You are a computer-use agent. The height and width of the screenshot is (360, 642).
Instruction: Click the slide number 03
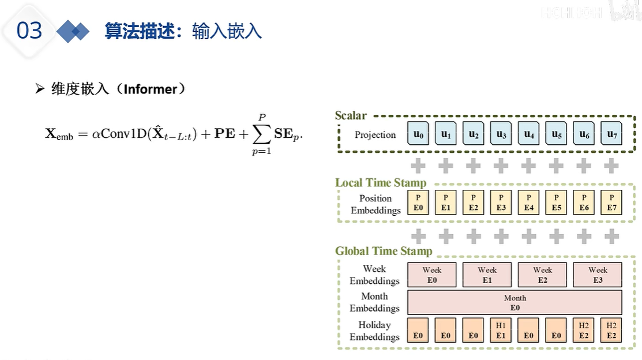click(x=29, y=31)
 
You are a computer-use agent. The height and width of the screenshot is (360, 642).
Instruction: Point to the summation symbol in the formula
click(x=261, y=134)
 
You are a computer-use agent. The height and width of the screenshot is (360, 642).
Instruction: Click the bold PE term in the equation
click(x=225, y=134)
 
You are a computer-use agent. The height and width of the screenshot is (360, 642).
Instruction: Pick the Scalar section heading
click(x=351, y=115)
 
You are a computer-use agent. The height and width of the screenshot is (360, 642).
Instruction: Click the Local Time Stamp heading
click(x=381, y=183)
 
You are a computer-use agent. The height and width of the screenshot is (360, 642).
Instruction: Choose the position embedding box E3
click(x=501, y=203)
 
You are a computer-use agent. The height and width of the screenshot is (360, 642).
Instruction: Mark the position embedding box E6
click(x=584, y=203)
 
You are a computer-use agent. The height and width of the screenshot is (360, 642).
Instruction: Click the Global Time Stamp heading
click(x=384, y=251)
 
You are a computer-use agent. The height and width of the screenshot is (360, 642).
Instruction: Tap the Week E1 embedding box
click(x=487, y=275)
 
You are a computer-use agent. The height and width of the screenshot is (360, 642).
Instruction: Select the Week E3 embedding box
click(x=598, y=275)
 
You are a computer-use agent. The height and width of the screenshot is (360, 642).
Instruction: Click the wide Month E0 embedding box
click(x=515, y=302)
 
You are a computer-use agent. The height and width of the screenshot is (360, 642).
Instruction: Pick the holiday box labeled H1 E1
click(x=501, y=330)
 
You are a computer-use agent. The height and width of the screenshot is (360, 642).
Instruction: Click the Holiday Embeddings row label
click(x=374, y=331)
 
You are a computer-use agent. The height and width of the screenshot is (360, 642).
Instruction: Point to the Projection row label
click(x=375, y=135)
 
